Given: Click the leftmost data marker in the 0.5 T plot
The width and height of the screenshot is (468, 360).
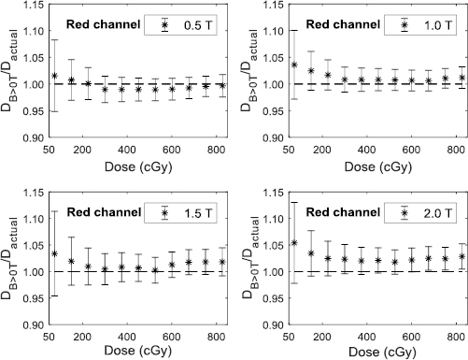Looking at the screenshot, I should (x=53, y=77).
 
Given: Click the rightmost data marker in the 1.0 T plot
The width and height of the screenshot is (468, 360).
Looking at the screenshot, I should (x=462, y=78).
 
